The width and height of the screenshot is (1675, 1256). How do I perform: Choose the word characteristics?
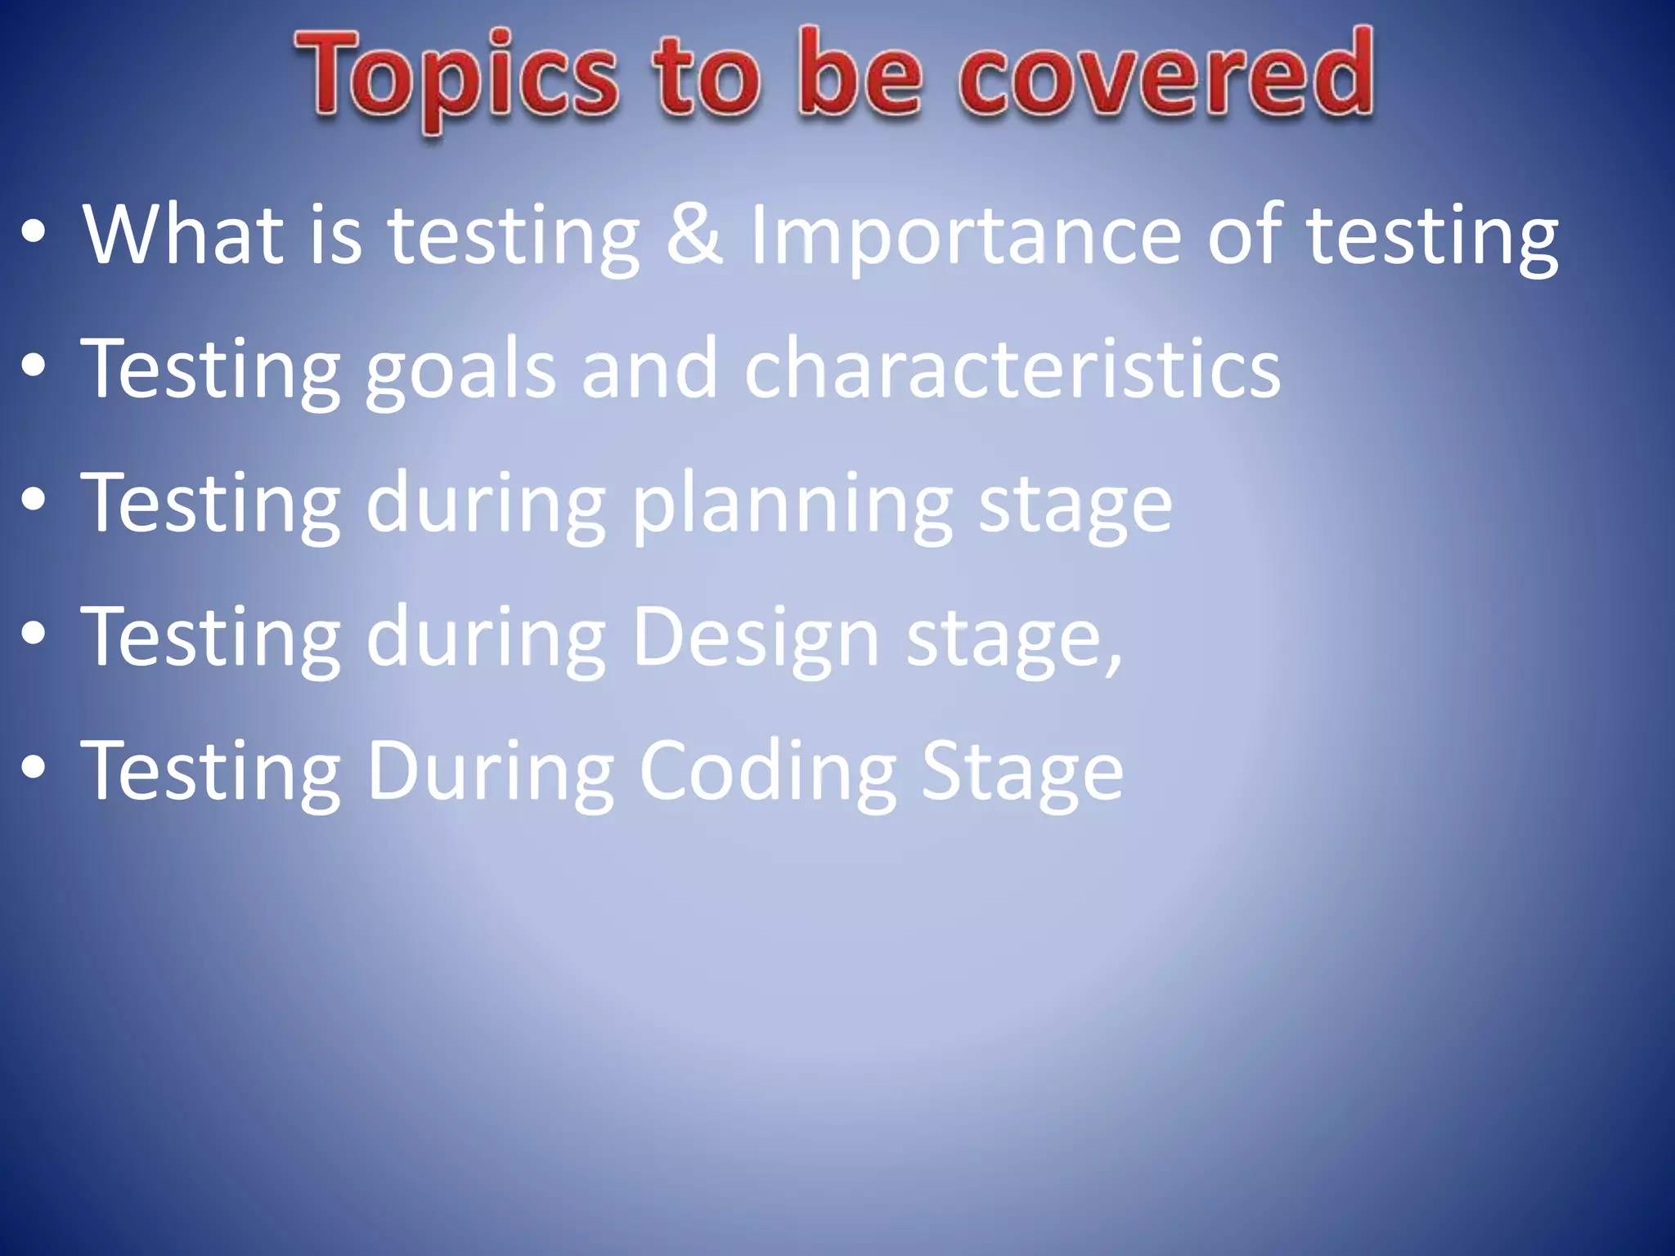click(x=1012, y=370)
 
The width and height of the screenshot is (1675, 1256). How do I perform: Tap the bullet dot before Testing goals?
click(x=34, y=369)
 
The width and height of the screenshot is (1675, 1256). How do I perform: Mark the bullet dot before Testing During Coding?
click(x=34, y=769)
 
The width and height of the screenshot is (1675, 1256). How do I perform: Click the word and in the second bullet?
click(x=649, y=370)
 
